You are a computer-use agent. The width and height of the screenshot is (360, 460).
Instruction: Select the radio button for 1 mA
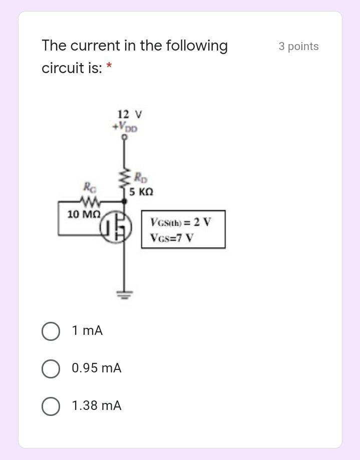51,331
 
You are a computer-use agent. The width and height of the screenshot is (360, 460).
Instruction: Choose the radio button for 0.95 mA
51,368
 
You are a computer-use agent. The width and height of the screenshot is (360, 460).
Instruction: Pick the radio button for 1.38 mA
51,406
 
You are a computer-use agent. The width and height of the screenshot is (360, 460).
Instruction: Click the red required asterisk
109,68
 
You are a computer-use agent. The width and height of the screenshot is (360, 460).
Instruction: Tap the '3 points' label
298,47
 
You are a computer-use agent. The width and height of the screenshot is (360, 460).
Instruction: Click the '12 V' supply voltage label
129,114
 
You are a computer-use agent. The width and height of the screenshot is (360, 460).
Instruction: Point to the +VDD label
125,127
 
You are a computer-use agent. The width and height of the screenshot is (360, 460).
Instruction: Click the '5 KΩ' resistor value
141,192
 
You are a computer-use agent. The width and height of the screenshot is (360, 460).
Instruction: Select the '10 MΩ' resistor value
84,214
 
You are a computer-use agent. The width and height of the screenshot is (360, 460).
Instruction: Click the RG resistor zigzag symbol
91,202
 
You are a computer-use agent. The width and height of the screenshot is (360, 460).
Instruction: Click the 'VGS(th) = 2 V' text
181,222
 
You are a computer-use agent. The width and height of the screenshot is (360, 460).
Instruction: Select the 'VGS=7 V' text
172,238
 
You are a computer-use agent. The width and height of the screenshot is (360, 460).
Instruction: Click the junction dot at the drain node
124,201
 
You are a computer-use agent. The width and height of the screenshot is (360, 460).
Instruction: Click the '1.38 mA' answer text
97,406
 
